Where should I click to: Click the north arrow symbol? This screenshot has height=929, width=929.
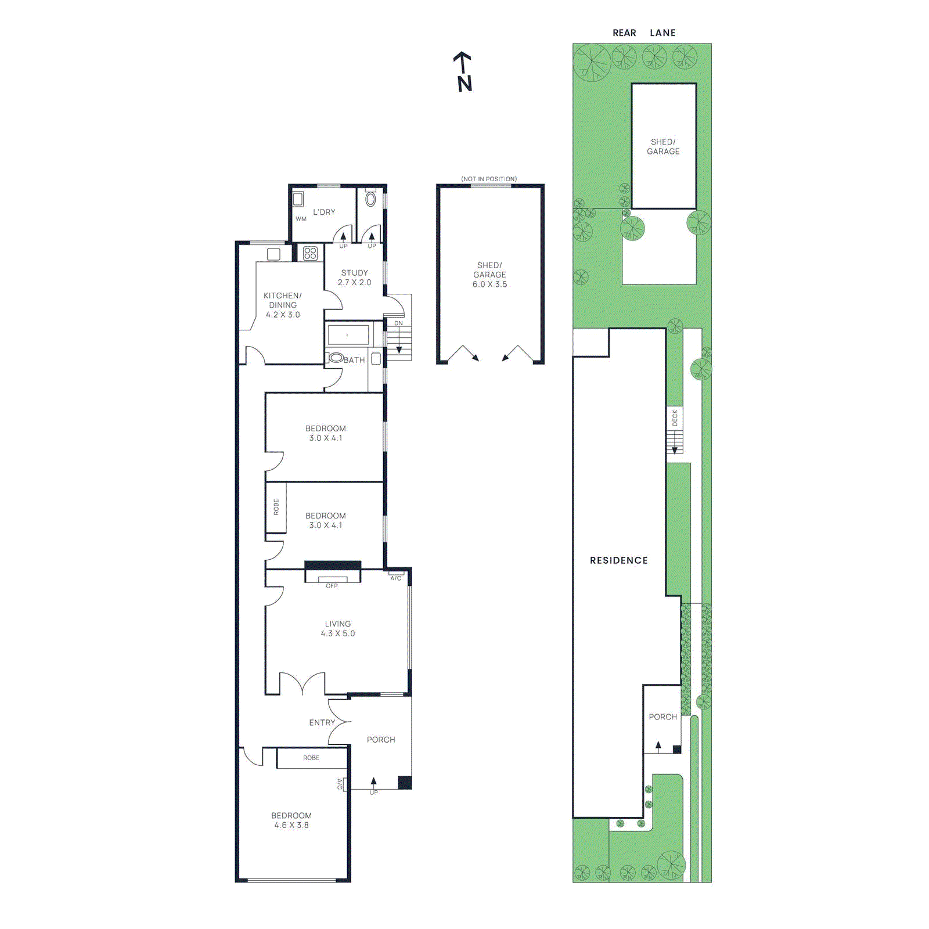463,71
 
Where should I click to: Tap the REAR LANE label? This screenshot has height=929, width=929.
644,33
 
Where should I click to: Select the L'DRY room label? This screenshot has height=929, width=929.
324,212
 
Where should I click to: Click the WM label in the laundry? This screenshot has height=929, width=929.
301,219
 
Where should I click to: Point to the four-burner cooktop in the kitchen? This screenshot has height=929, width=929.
311,253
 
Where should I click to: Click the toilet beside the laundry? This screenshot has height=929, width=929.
370,200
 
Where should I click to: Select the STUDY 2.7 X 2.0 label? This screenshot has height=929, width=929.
354,278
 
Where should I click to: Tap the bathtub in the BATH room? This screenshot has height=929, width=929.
348,335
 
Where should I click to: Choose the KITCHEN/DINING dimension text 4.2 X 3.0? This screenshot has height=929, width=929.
283,315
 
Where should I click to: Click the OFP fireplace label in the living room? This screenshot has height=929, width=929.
332,586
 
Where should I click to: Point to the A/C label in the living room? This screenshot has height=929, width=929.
395,578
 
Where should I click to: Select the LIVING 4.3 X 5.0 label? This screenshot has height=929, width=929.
337,628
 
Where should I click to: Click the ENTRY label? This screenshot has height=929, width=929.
322,723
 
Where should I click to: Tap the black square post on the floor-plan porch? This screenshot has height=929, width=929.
405,783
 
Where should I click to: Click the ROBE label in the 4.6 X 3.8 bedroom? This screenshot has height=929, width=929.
311,758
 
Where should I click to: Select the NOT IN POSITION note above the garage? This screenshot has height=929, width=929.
489,179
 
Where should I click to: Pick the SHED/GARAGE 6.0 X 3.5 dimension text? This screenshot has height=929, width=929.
489,285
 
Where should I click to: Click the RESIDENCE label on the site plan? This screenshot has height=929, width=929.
618,560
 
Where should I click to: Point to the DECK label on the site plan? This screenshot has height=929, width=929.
675,417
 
